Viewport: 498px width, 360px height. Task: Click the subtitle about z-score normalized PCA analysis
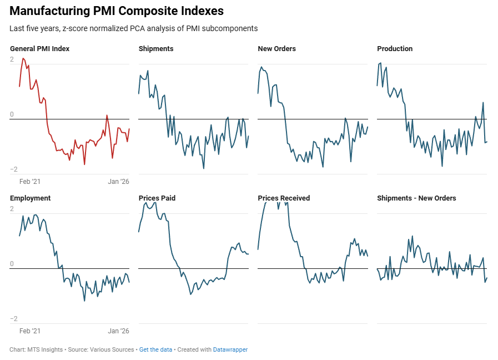pyautogui.click(x=133, y=28)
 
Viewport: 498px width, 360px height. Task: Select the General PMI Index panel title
pyautogui.click(x=40, y=49)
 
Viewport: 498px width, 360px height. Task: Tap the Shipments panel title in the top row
pyautogui.click(x=156, y=49)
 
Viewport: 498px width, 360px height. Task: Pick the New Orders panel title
pyautogui.click(x=276, y=49)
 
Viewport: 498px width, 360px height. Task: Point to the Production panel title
pyautogui.click(x=395, y=49)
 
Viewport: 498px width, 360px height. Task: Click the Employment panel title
pyautogui.click(x=31, y=198)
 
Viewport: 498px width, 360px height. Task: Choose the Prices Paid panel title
pyautogui.click(x=157, y=198)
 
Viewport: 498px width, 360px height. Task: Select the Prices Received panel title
pyautogui.click(x=284, y=198)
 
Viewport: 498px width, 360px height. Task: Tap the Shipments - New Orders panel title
pyautogui.click(x=416, y=198)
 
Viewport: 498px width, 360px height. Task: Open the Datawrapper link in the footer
pyautogui.click(x=230, y=350)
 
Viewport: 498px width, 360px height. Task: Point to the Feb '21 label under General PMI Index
pyautogui.click(x=30, y=182)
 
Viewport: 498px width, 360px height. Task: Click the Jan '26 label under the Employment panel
pyautogui.click(x=118, y=331)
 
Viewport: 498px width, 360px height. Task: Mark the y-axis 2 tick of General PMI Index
pyautogui.click(x=12, y=60)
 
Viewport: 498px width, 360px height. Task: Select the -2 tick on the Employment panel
pyautogui.click(x=13, y=319)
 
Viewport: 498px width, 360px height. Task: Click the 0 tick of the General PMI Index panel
pyautogui.click(x=12, y=115)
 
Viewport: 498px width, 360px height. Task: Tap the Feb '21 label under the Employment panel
pyautogui.click(x=30, y=331)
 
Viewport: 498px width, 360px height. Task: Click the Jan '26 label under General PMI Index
pyautogui.click(x=118, y=182)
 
